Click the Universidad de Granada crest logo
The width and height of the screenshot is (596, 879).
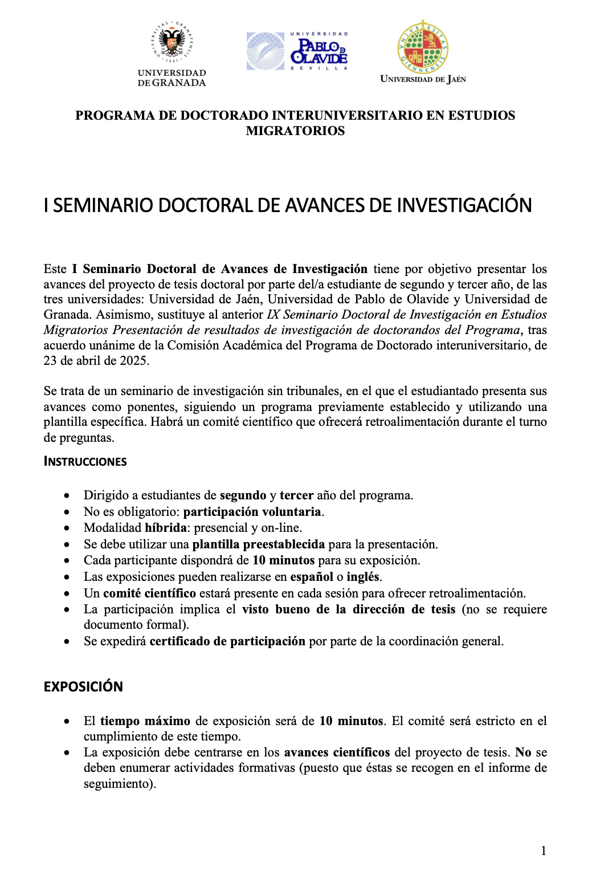pyautogui.click(x=172, y=43)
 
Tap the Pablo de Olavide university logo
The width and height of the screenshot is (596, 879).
pyautogui.click(x=297, y=51)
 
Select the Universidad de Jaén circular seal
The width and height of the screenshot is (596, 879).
pyautogui.click(x=423, y=48)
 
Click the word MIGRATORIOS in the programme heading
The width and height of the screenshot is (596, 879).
pyautogui.click(x=295, y=131)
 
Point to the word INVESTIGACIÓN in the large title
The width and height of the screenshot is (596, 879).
pyautogui.click(x=464, y=205)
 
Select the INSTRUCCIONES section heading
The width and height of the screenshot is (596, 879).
pyautogui.click(x=85, y=462)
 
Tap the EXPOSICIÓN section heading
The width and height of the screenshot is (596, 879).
pyautogui.click(x=83, y=686)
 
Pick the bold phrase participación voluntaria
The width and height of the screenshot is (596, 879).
pyautogui.click(x=252, y=512)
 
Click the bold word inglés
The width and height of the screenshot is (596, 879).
pyautogui.click(x=363, y=577)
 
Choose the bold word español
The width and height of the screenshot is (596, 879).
pyautogui.click(x=312, y=577)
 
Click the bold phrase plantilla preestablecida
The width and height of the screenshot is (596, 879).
pyautogui.click(x=259, y=544)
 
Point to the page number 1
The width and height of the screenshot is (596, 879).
pyautogui.click(x=544, y=851)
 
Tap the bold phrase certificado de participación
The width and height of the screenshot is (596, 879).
pyautogui.click(x=227, y=641)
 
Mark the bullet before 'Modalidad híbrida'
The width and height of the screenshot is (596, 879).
pyautogui.click(x=67, y=528)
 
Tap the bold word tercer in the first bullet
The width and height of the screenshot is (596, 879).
pyautogui.click(x=296, y=495)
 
